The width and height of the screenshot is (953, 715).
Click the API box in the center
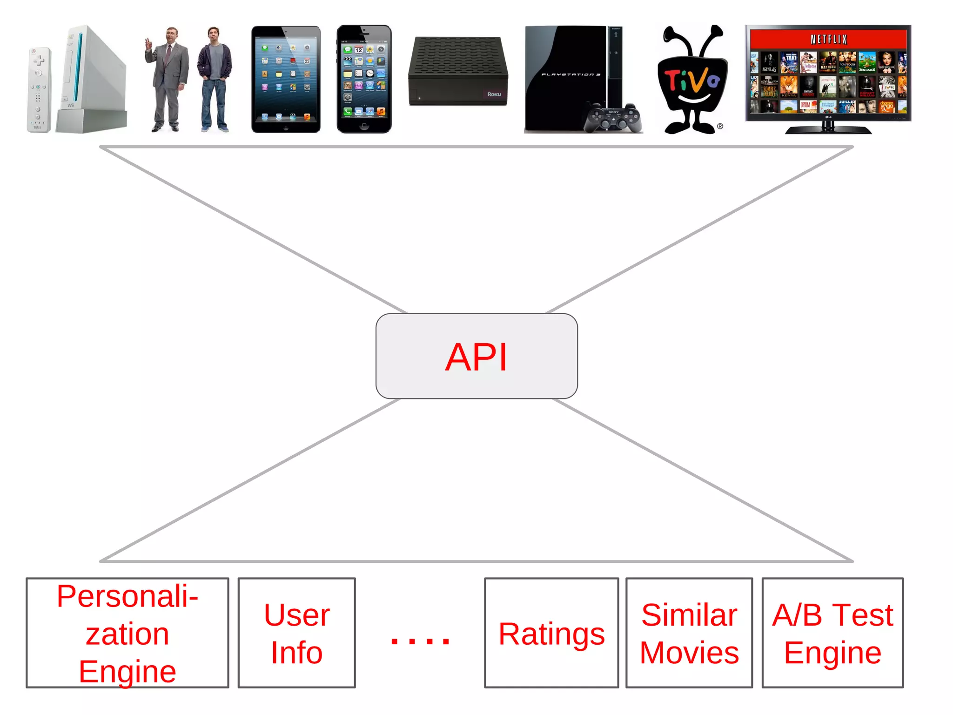(476, 356)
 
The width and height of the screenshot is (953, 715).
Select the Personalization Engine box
(127, 633)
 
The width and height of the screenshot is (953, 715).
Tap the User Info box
(296, 633)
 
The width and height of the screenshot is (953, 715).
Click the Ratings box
(551, 633)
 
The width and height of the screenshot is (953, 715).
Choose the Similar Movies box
(689, 633)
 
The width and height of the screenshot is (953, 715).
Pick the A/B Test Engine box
(832, 633)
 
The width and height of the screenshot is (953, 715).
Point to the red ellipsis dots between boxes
(420, 641)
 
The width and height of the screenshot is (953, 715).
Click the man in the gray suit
(167, 79)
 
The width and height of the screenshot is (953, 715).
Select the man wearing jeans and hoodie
(215, 79)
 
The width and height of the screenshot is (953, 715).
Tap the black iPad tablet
(286, 79)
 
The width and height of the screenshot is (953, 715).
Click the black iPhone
(364, 79)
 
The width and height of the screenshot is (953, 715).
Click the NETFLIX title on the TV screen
(828, 39)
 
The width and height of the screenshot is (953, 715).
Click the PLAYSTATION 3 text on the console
(570, 74)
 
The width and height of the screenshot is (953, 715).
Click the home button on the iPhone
(364, 126)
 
